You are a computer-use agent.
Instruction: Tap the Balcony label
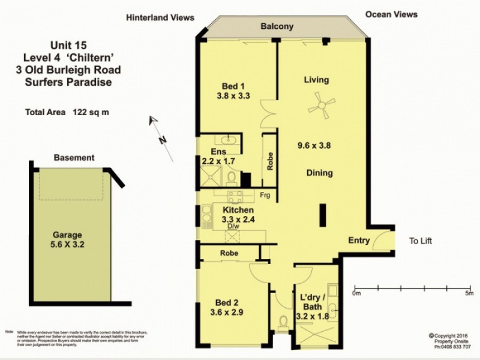(x=277, y=26)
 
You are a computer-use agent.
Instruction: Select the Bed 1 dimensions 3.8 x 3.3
(x=233, y=95)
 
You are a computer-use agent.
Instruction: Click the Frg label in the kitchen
(x=265, y=196)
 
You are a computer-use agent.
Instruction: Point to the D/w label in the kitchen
(x=233, y=226)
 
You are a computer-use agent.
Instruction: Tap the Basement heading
(x=74, y=158)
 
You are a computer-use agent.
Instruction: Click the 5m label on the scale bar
(x=469, y=293)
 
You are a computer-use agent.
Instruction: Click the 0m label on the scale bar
(x=356, y=293)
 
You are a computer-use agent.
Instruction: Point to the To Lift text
(x=421, y=241)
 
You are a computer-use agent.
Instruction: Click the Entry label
(x=359, y=241)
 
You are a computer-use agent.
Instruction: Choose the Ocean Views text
(x=391, y=14)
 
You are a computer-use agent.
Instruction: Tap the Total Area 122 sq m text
(x=67, y=112)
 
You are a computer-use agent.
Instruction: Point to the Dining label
(x=319, y=173)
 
